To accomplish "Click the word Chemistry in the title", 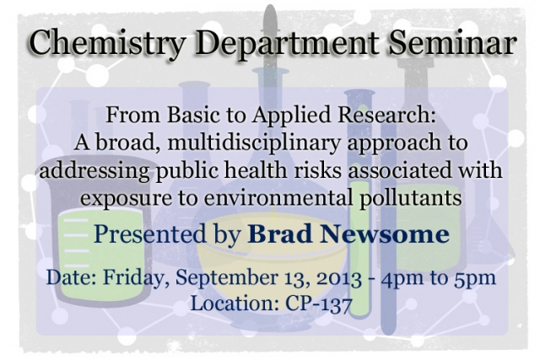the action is click(108, 44).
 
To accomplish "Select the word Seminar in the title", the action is click(452, 42).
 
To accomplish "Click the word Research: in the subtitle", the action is click(386, 115).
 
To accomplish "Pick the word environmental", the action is click(278, 198).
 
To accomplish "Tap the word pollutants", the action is click(411, 199).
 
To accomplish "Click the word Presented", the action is click(150, 234).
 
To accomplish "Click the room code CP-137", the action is click(319, 304).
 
